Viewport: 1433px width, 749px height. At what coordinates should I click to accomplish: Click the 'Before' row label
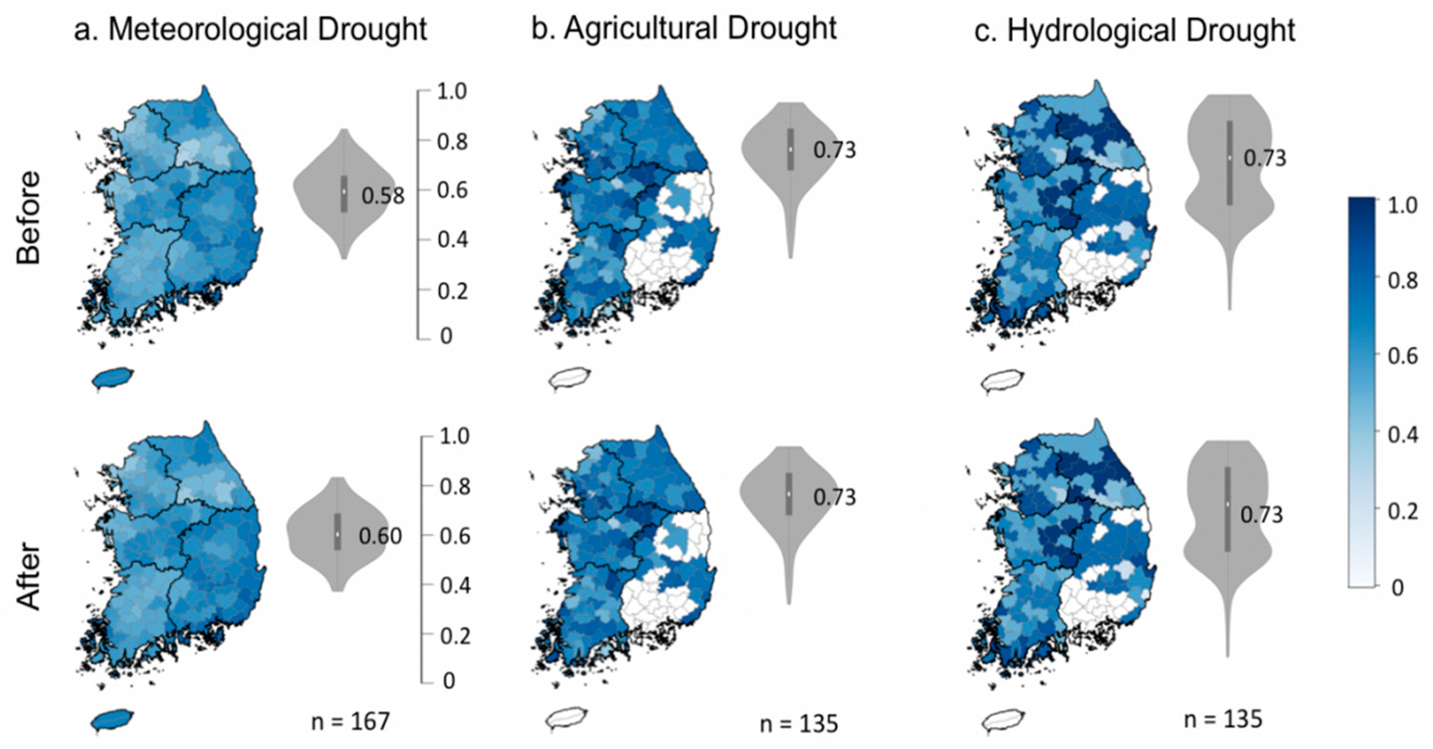coord(28,218)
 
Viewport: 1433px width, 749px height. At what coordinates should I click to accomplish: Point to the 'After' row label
coord(28,576)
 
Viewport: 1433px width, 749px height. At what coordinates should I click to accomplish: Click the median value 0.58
coord(383,196)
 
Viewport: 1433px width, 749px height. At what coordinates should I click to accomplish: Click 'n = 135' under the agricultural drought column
coord(799,724)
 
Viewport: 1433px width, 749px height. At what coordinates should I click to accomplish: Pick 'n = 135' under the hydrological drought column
coord(1223,720)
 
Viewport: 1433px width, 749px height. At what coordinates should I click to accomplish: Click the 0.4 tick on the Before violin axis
coord(452,240)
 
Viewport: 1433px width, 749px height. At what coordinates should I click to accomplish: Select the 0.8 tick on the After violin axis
coord(455,486)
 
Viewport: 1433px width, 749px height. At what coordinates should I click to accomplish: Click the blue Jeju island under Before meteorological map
coord(112,379)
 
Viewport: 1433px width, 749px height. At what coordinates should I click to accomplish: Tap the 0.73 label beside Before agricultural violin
coord(834,150)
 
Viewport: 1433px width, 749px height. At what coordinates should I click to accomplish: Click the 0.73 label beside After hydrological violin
coord(1262,515)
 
